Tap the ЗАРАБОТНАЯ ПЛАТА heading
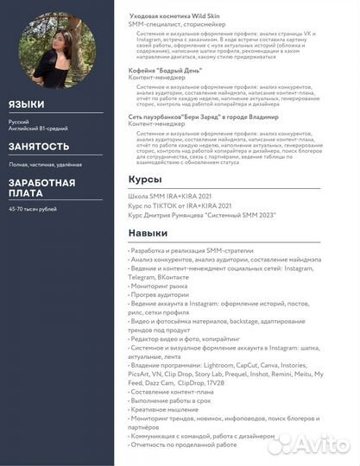point(41,188)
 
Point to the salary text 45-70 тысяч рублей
point(33,209)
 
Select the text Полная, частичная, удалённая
point(46,164)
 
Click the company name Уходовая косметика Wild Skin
point(180,17)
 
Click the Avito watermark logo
point(311,444)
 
